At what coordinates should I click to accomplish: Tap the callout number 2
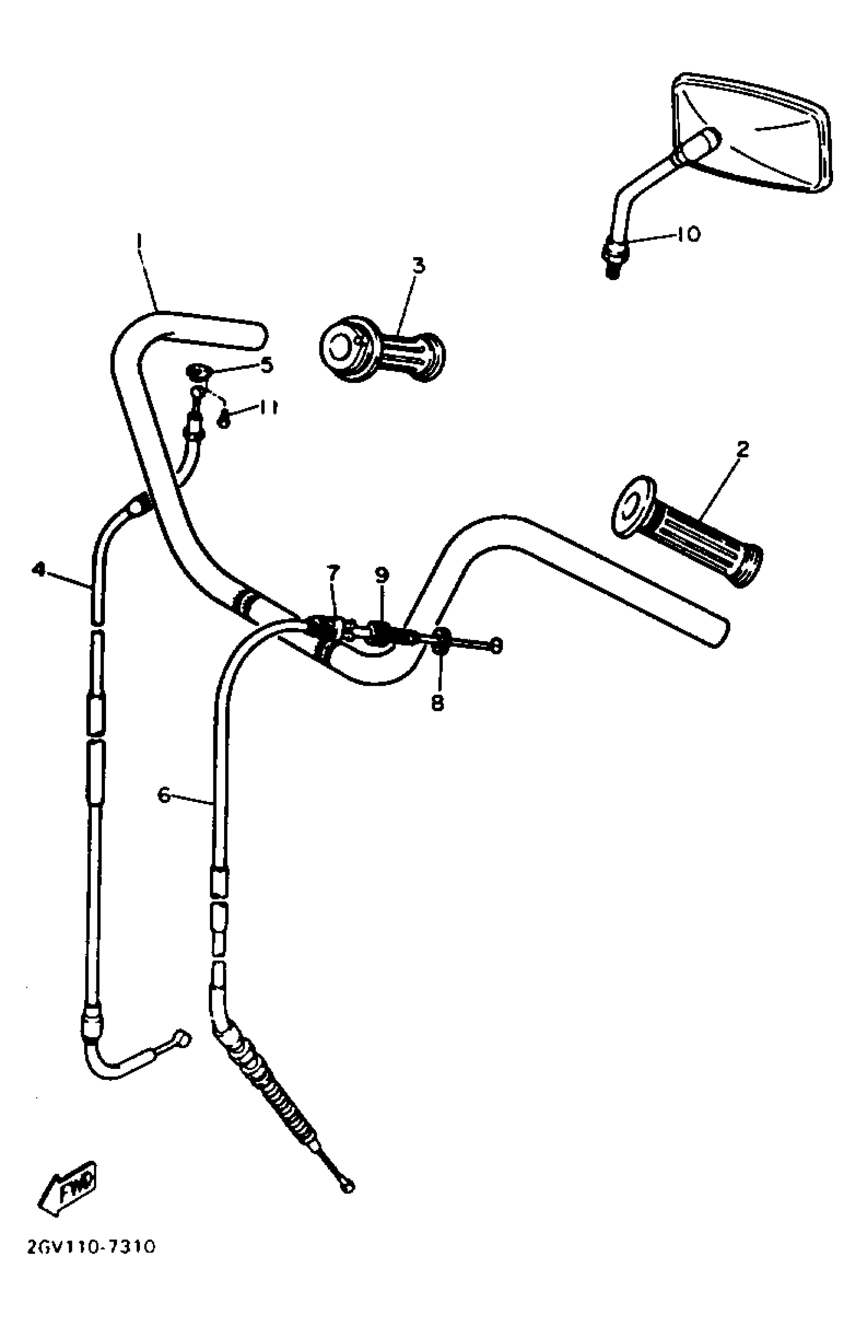coord(742,448)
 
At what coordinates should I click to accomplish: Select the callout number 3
coord(418,265)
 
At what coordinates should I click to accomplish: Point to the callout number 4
coord(39,569)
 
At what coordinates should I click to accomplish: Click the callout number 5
coord(267,365)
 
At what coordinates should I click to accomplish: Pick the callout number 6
coord(164,795)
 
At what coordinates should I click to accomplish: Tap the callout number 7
coord(333,572)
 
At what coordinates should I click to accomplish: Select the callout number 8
coord(438,703)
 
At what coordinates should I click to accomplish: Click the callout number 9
coord(382,575)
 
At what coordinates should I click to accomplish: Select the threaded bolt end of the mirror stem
coord(613,268)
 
